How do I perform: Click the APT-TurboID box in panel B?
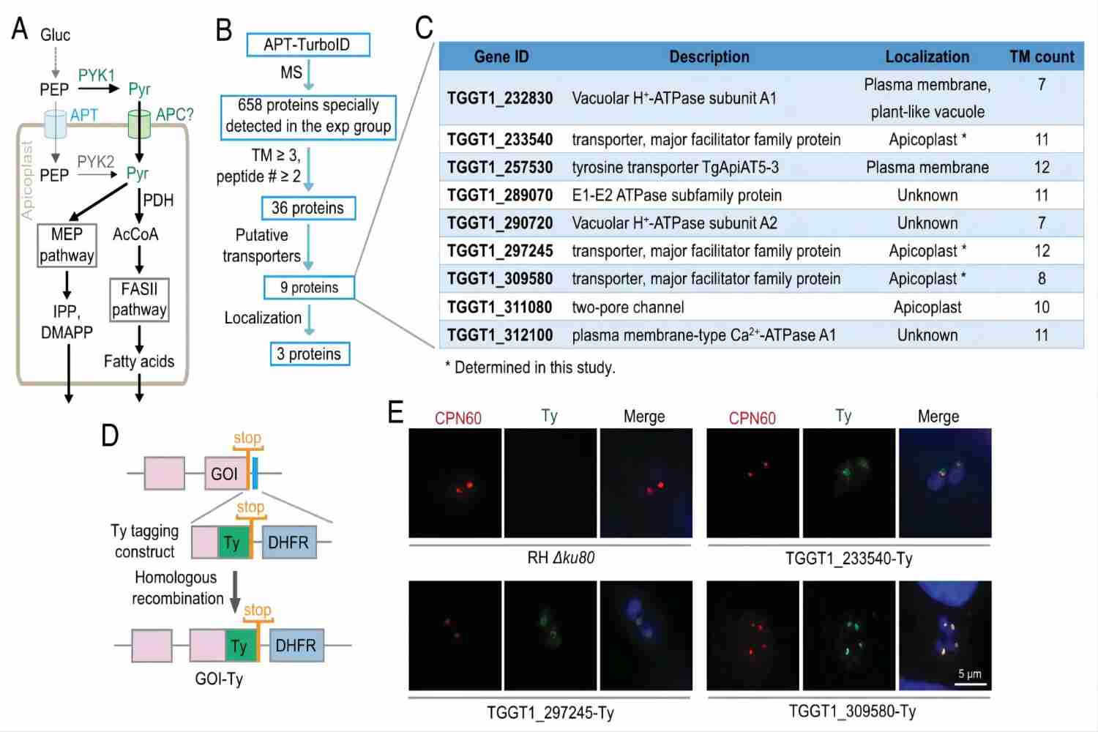click(307, 45)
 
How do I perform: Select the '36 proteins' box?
click(308, 208)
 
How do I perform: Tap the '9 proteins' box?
click(309, 288)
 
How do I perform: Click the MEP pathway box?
click(67, 245)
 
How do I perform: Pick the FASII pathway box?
click(139, 299)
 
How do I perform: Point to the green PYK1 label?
click(97, 75)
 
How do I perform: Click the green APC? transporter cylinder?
click(139, 123)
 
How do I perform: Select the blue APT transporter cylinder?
click(56, 124)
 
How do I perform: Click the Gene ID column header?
click(501, 57)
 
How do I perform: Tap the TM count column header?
click(1042, 57)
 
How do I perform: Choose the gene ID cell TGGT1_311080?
click(500, 307)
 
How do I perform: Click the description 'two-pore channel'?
click(628, 307)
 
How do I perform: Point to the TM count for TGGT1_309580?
click(1042, 279)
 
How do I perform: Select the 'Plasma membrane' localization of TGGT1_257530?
click(927, 168)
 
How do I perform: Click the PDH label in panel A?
click(158, 201)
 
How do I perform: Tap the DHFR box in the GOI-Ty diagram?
click(296, 646)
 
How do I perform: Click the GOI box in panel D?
click(225, 474)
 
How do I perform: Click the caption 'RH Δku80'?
click(561, 558)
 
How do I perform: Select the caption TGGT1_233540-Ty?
click(849, 559)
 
